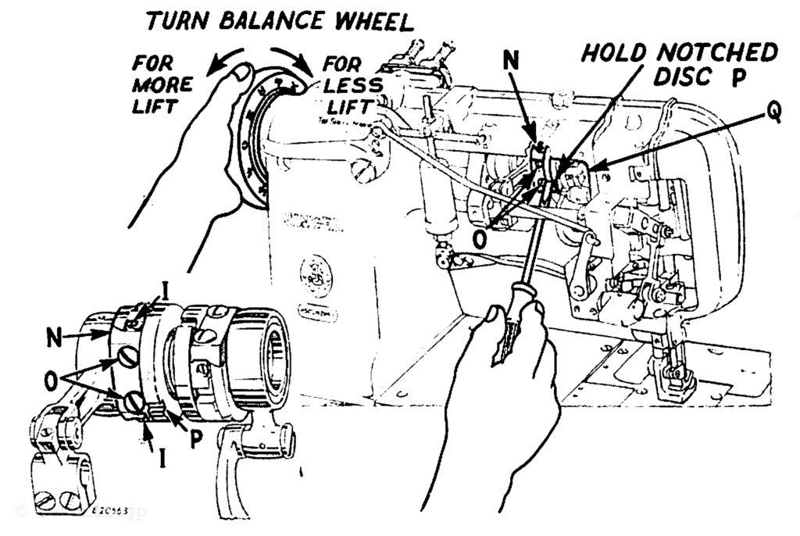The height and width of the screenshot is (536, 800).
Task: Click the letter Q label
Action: [x=773, y=113]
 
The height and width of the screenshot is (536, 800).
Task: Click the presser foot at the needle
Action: [x=673, y=383]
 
